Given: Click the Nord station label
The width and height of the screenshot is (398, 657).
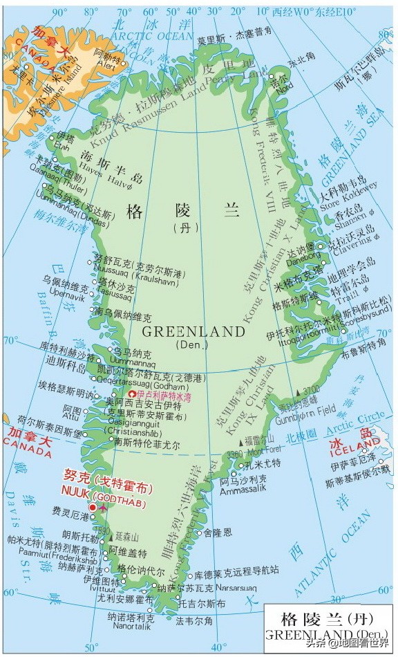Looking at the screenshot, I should point(283,86).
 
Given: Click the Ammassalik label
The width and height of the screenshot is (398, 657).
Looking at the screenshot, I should point(242,490).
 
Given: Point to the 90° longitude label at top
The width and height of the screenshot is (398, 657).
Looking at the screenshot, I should point(61,11).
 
